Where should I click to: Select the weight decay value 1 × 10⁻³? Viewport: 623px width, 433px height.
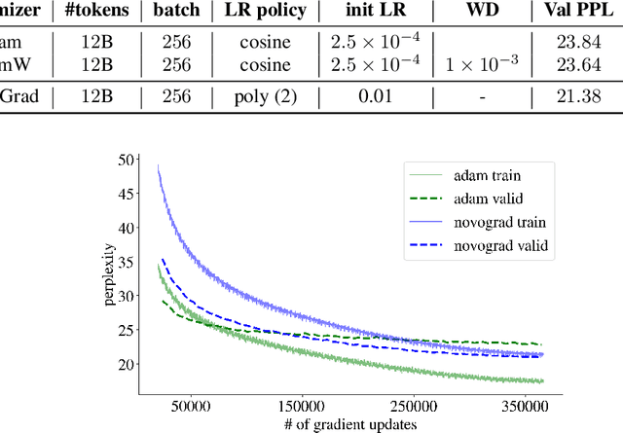[x=484, y=64]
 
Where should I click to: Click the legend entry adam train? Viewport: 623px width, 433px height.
[x=489, y=178]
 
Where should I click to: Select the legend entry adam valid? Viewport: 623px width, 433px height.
[x=489, y=200]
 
